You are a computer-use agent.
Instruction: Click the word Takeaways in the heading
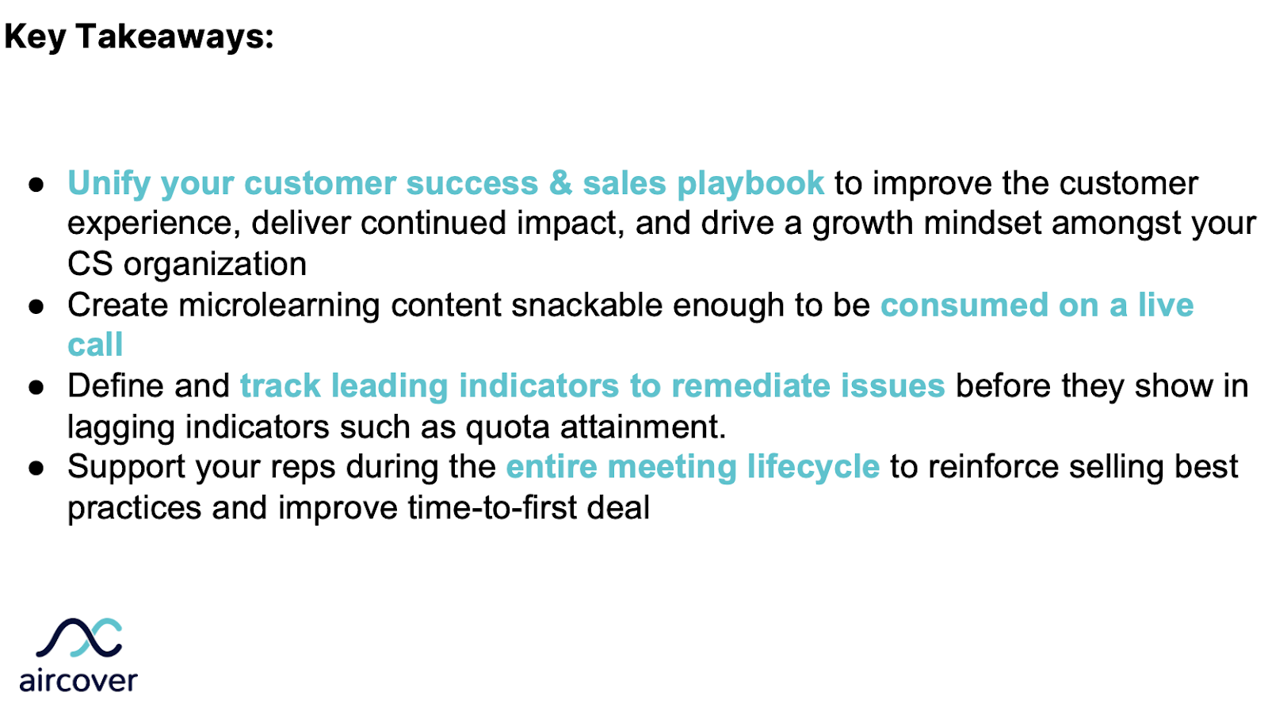coord(174,36)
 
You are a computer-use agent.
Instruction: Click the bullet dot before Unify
coord(36,185)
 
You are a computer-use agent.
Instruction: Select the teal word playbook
coord(750,184)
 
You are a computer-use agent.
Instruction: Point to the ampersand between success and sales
coord(560,183)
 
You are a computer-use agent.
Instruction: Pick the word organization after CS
coord(215,265)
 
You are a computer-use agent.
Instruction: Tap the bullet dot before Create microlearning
coord(36,307)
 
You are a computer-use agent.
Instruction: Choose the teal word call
coord(95,346)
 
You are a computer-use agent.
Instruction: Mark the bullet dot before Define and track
coord(36,388)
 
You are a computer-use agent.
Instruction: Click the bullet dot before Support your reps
coord(36,469)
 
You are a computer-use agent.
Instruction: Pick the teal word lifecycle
coord(813,467)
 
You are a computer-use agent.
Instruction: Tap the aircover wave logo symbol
coord(79,638)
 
